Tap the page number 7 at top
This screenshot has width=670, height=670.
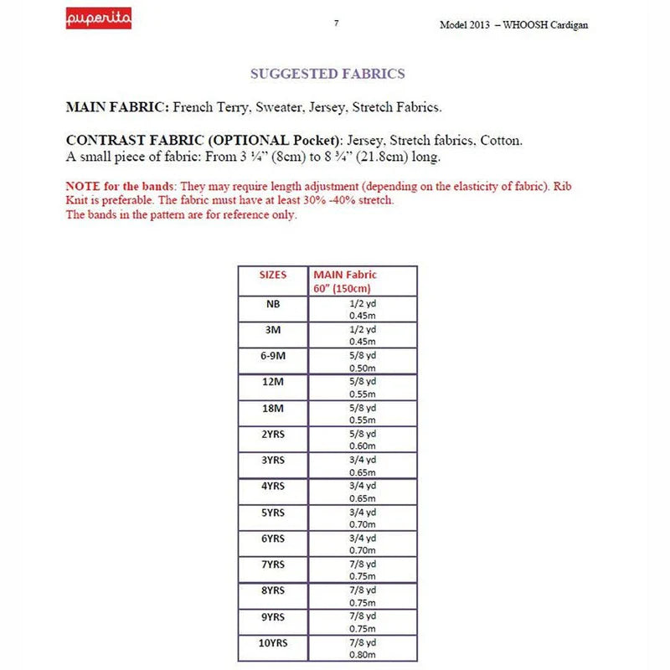(x=336, y=23)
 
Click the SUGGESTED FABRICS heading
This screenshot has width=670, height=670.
(x=327, y=74)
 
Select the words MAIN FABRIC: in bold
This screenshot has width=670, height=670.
(x=117, y=107)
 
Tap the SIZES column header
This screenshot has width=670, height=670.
(x=273, y=275)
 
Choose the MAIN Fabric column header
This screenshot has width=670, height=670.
(x=345, y=275)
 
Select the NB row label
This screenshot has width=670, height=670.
(x=273, y=304)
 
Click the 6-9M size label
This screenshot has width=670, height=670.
(x=273, y=356)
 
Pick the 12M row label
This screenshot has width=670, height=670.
(x=273, y=382)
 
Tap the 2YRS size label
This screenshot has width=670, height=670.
(x=273, y=434)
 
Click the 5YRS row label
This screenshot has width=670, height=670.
(x=273, y=512)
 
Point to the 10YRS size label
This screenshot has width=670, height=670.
(x=273, y=642)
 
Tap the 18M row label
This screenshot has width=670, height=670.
(x=273, y=408)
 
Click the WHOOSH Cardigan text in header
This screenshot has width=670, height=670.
(x=549, y=25)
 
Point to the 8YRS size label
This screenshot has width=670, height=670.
(x=273, y=590)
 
